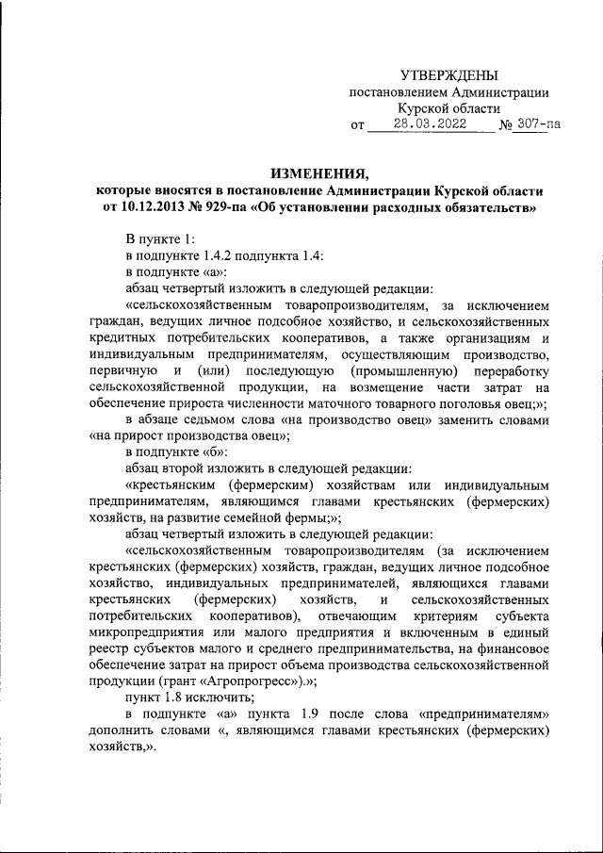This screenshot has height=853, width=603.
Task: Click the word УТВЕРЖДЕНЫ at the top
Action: [x=448, y=74]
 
